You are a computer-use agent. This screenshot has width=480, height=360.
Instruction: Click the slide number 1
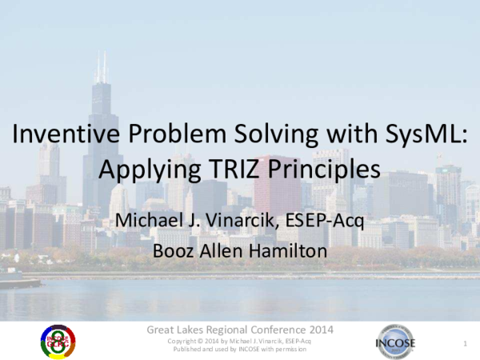464,343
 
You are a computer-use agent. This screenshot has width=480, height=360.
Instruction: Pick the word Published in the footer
188,350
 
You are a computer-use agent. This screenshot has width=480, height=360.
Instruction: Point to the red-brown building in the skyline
277,188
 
